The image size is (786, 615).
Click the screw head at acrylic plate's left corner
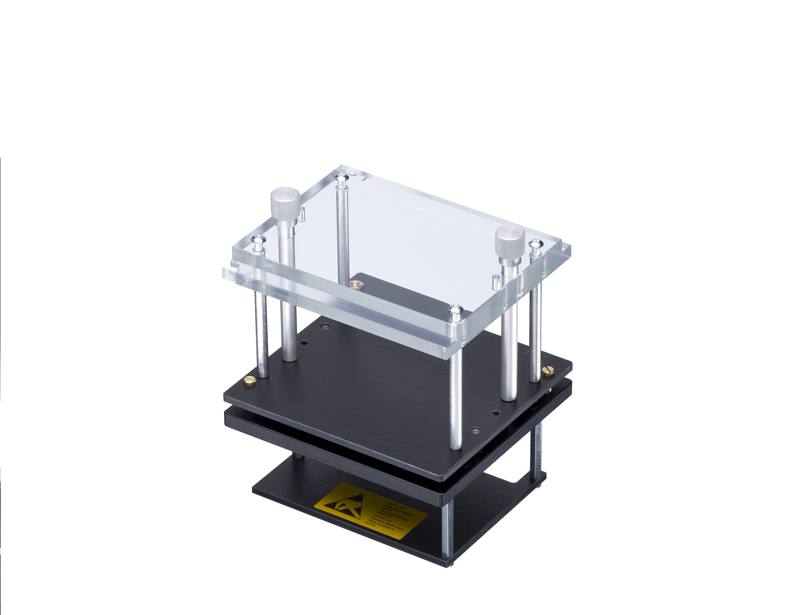[258, 239]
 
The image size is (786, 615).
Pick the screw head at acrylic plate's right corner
[535, 244]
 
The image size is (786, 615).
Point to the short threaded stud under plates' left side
[299, 455]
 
